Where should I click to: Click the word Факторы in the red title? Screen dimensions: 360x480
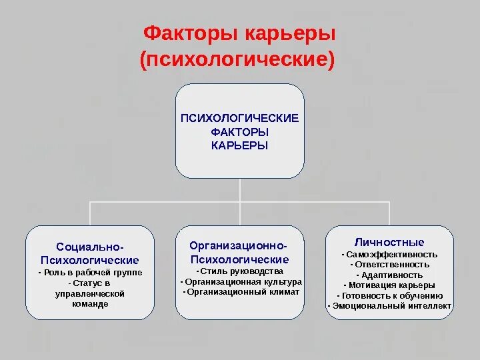[x=184, y=33]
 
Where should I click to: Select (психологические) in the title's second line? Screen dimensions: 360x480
[x=236, y=59]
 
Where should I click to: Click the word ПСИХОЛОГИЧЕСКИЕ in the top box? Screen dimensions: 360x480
[x=240, y=118]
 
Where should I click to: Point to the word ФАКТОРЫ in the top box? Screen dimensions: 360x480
[x=240, y=132]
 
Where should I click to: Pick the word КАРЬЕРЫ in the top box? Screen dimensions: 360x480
[x=240, y=146]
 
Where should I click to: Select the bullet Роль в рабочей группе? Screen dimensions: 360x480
[x=90, y=273]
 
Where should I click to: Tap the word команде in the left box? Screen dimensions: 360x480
[x=90, y=303]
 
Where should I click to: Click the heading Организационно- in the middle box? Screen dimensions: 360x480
[x=239, y=247]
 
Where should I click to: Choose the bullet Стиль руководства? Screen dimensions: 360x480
[x=240, y=271]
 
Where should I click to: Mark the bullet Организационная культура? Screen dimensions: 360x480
[x=241, y=282]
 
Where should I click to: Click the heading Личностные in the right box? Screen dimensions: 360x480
[x=390, y=242]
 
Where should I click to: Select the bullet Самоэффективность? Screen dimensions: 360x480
[x=390, y=255]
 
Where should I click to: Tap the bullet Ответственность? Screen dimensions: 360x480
[x=390, y=265]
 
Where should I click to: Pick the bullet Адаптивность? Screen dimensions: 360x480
[x=390, y=275]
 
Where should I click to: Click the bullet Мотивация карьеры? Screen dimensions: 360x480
[x=390, y=285]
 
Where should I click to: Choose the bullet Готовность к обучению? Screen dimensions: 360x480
[x=390, y=295]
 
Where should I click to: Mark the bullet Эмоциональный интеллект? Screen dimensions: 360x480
[x=390, y=306]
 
